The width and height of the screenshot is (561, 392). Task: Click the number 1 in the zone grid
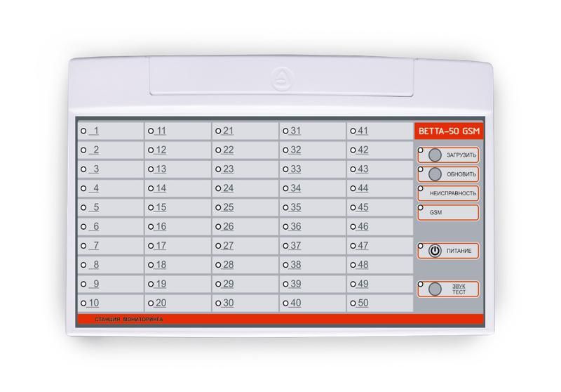(95, 131)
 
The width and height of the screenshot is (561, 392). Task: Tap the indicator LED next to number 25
(218, 207)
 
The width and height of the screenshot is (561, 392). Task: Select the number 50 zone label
(363, 303)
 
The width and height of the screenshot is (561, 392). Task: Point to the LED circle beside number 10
(83, 303)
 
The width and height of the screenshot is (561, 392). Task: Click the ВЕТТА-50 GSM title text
(449, 131)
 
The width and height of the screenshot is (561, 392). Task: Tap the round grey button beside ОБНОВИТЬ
(435, 174)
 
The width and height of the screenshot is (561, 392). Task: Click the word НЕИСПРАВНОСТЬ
(453, 193)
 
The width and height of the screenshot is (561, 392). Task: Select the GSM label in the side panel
(435, 212)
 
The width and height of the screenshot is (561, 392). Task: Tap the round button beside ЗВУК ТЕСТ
(435, 289)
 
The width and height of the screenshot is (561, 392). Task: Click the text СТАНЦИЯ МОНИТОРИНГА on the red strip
(129, 319)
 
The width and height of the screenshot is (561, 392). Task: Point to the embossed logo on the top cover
(283, 79)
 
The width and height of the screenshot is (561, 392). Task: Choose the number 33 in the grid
(295, 169)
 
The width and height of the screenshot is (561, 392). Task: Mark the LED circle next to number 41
(353, 131)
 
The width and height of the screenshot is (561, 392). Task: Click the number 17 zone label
(161, 246)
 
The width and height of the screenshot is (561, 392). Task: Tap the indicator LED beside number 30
(218, 303)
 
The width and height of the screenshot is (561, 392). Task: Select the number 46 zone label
(363, 226)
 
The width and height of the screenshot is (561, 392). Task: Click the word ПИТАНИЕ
(459, 251)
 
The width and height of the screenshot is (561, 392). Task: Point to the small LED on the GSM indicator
(421, 207)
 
